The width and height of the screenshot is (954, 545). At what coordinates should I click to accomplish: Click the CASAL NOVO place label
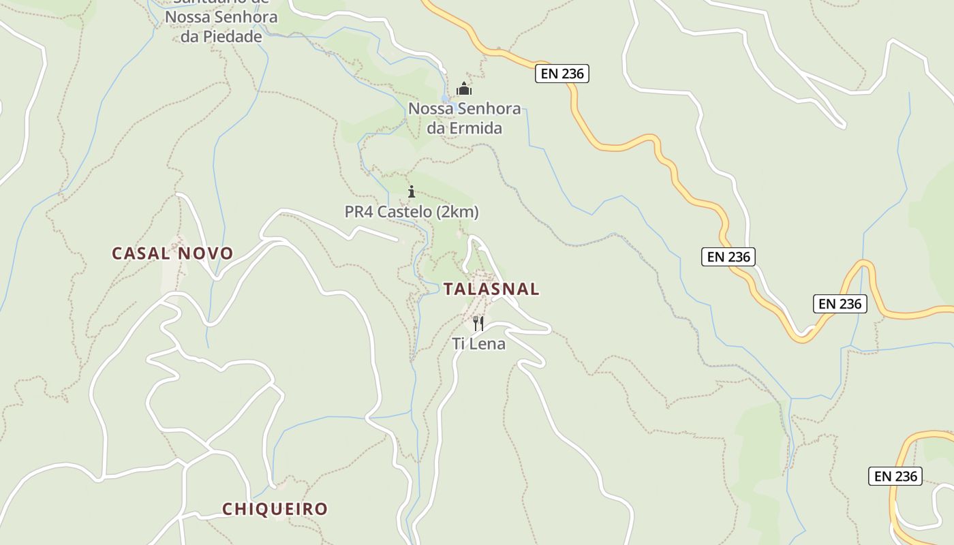click(172, 253)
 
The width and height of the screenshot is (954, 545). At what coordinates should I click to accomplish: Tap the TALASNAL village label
click(491, 289)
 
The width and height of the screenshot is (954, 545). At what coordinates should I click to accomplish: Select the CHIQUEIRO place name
click(275, 509)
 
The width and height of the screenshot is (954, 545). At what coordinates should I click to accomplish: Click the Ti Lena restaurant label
click(479, 344)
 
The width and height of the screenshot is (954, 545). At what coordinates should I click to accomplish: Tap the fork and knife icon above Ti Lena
click(478, 323)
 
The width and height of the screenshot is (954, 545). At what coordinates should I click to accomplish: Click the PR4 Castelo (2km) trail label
click(412, 212)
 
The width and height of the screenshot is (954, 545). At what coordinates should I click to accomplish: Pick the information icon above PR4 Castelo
click(411, 191)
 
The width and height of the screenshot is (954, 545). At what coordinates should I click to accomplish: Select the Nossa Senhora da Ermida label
click(464, 118)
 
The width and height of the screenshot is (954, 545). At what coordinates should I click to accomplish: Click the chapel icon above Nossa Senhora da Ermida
click(464, 89)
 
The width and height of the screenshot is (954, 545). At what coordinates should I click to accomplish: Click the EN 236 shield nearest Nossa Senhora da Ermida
click(561, 74)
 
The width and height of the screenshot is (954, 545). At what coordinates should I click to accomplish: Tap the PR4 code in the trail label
click(359, 212)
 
